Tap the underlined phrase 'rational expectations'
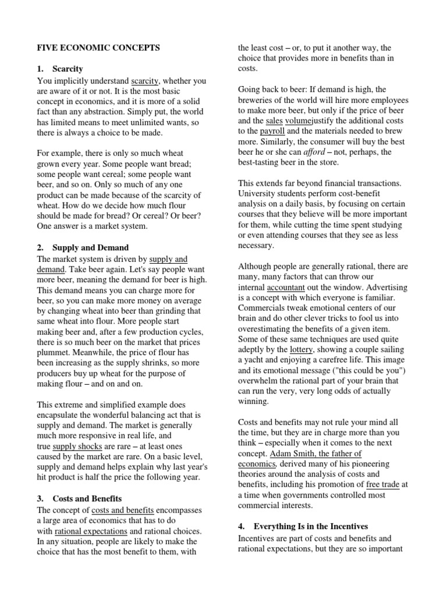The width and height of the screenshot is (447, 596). click(x=91, y=531)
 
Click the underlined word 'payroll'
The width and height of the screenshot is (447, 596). click(x=272, y=131)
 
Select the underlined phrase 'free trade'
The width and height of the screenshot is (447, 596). click(x=383, y=484)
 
